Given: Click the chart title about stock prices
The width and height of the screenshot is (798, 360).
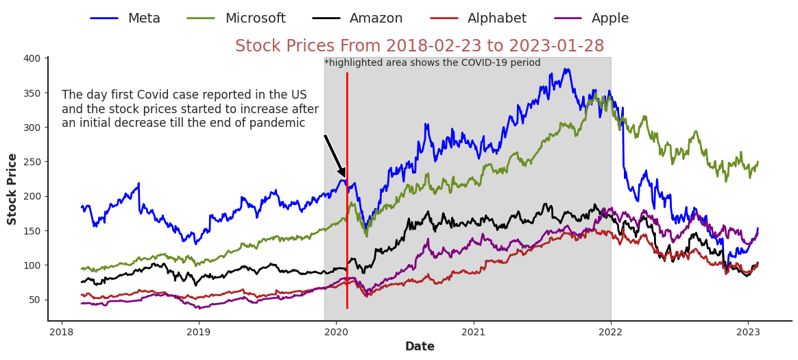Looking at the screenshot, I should (x=420, y=47).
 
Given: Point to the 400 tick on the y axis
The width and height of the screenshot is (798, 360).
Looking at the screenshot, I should (x=32, y=58).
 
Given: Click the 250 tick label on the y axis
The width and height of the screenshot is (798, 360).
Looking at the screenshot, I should (x=32, y=162).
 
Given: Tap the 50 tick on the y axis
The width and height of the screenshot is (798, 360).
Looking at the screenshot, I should (x=34, y=300).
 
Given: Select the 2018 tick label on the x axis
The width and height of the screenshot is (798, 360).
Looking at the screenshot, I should (x=62, y=333).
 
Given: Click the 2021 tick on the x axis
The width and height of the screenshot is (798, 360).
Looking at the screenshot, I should (x=474, y=333).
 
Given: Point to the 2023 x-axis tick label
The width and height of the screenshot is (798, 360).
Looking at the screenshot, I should (x=748, y=333).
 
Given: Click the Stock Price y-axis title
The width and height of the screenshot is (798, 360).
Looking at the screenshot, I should (x=12, y=189).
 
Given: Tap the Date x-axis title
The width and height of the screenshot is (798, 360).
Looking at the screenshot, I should (x=420, y=347).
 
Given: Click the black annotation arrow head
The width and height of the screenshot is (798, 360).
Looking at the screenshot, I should (x=341, y=173).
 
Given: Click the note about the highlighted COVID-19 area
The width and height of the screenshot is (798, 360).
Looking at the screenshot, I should (x=432, y=63).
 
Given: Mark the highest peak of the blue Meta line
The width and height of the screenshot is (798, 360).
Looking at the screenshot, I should (x=566, y=69).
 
